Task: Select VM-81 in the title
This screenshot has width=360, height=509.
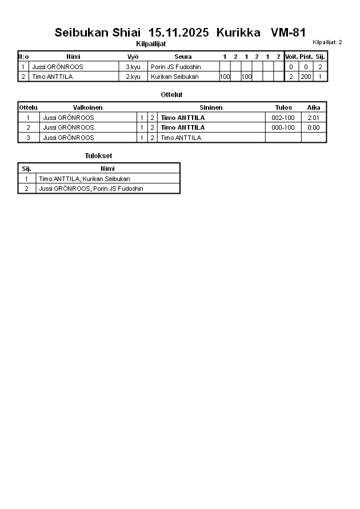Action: (x=288, y=33)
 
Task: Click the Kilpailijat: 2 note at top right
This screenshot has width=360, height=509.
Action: (x=327, y=42)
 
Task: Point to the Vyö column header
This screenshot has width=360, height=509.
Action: (x=133, y=57)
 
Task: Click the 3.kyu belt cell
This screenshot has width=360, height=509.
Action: (x=133, y=67)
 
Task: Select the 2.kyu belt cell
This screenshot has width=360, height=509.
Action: (x=133, y=77)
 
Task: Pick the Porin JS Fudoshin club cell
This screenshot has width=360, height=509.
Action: (x=176, y=67)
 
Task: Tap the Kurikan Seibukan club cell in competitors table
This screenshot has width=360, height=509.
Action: (x=175, y=77)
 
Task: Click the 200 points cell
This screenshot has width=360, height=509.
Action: (x=306, y=77)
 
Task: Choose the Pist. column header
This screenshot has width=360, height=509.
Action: (x=306, y=57)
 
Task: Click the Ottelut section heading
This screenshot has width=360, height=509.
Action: (x=172, y=95)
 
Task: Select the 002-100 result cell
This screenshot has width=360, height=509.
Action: (x=283, y=118)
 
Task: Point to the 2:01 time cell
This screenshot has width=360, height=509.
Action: (x=313, y=118)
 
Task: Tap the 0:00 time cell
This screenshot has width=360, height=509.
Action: (x=313, y=127)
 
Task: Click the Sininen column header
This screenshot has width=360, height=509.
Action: (x=211, y=107)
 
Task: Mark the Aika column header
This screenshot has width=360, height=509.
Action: (x=313, y=107)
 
